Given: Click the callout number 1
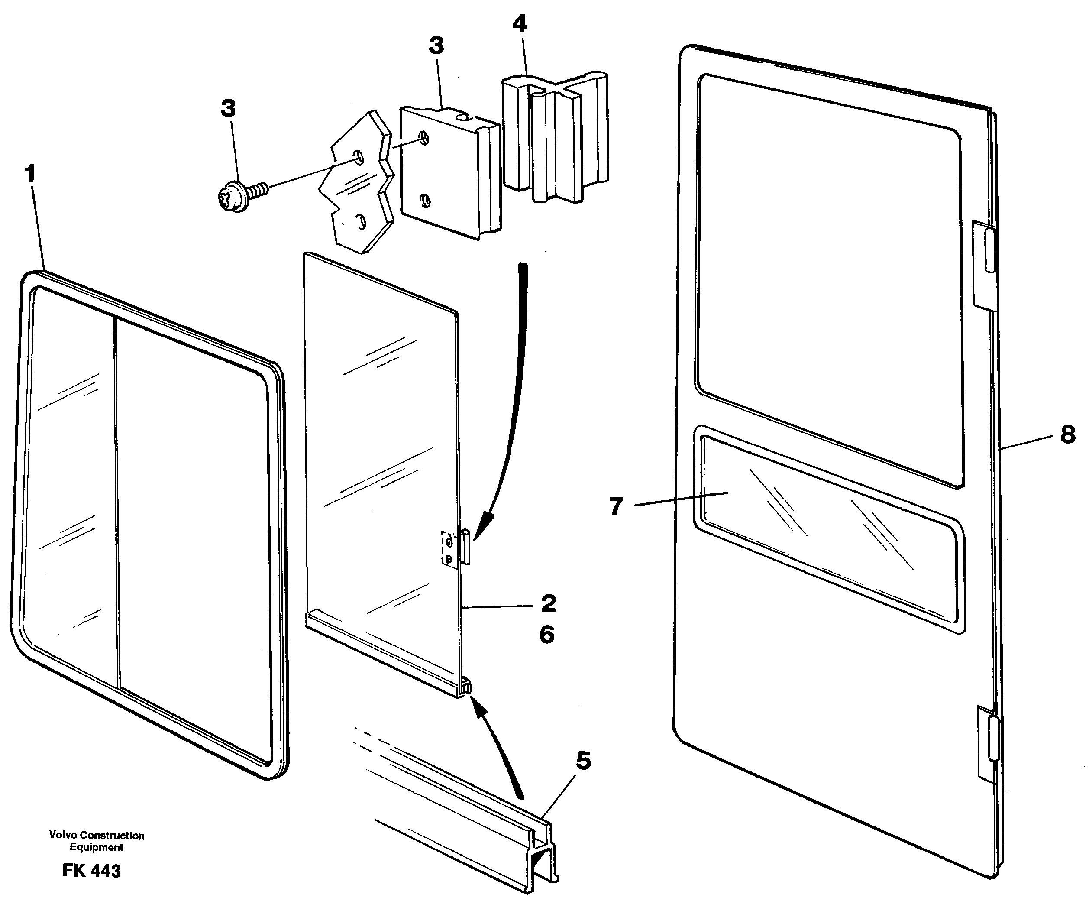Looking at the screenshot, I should [31, 173].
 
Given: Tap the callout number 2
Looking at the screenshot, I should [548, 603].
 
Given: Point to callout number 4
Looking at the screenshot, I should [520, 24].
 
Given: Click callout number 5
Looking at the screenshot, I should [583, 761].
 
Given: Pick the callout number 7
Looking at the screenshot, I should [616, 506].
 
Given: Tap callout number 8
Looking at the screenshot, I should [1067, 434].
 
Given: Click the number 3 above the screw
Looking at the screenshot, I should [228, 108].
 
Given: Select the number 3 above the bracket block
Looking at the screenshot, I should [436, 45].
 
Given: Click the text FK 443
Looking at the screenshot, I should [91, 870].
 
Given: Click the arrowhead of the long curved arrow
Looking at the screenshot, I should [483, 524].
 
